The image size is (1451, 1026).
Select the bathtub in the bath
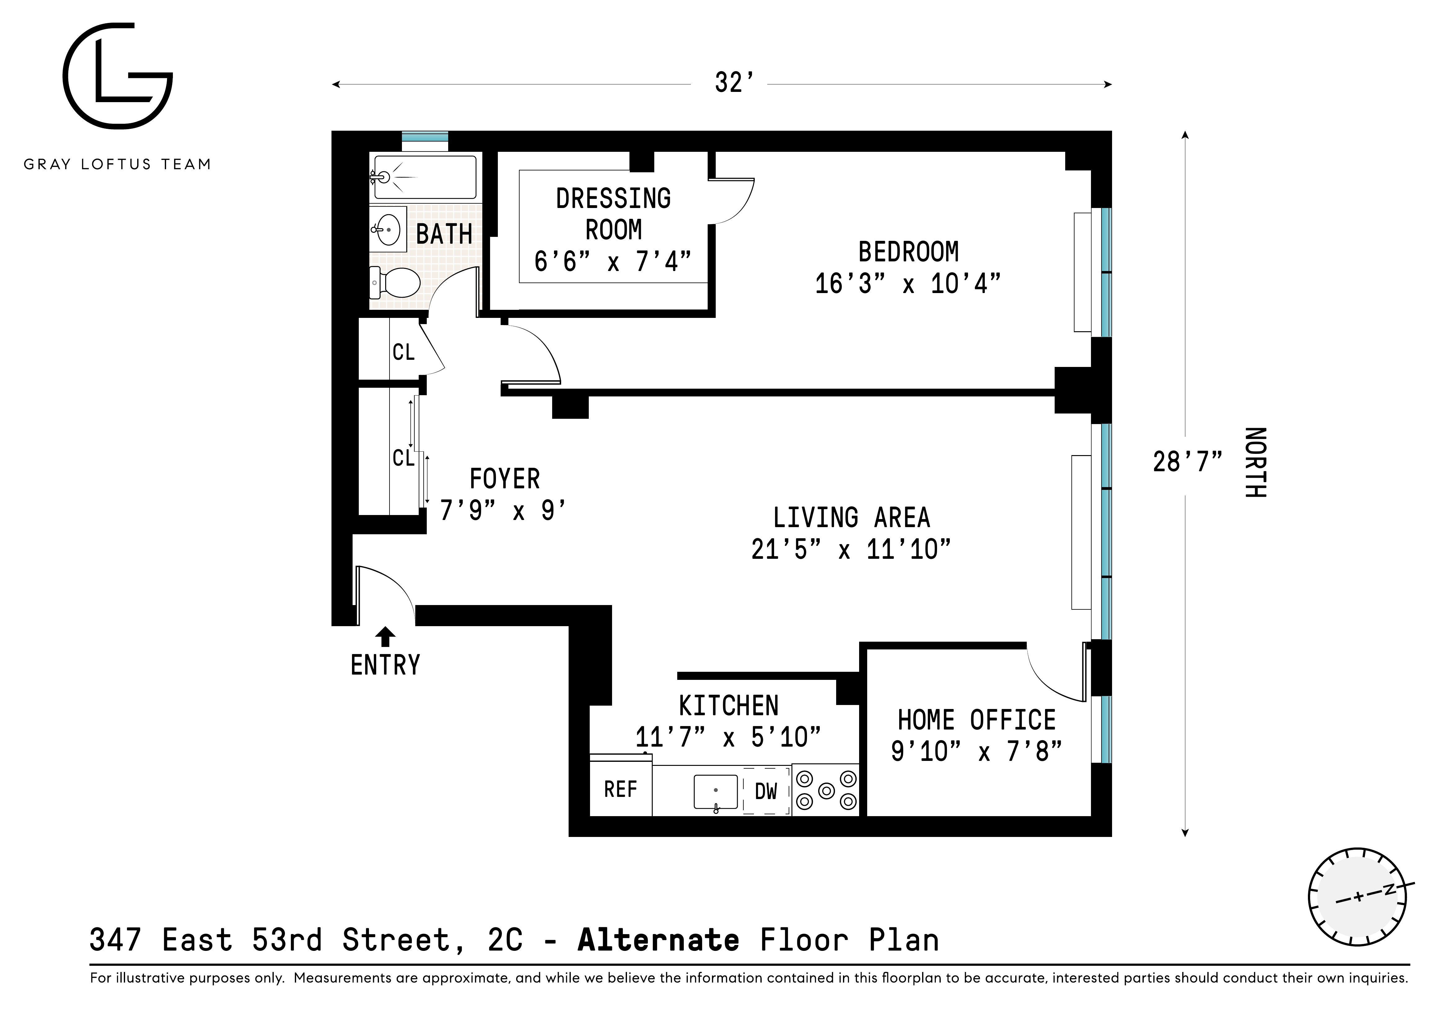coord(423,177)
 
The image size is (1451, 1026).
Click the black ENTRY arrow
coord(385,637)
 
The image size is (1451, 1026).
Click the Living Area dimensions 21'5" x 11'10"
coord(851,549)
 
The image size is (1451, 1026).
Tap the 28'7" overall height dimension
coord(1187,462)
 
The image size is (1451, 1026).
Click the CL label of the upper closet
coord(403,352)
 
